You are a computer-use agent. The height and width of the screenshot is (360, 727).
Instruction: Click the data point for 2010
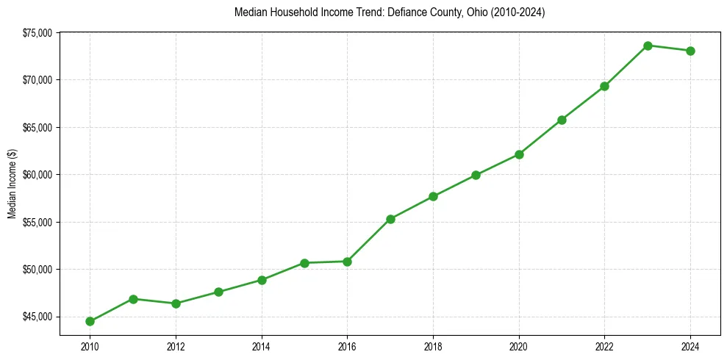point(90,321)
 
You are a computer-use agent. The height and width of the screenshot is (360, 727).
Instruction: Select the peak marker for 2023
point(648,46)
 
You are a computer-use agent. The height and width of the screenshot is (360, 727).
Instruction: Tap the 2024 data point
point(690,51)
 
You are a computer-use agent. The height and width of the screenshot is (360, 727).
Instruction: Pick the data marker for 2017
point(390,219)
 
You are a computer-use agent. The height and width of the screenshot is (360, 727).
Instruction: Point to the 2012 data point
point(176,303)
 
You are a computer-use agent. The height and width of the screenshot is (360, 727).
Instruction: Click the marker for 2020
point(519,154)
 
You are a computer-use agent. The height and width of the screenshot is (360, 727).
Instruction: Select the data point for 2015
point(304,262)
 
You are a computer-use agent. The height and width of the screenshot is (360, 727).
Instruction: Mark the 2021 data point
point(562,120)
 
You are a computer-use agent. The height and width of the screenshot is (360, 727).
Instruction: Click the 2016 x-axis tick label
point(347,346)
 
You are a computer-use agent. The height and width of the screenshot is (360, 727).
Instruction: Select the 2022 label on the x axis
point(604,346)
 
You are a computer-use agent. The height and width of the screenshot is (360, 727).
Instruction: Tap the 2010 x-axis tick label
point(90,346)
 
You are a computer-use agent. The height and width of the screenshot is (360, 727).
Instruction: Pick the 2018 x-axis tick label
point(433,346)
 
